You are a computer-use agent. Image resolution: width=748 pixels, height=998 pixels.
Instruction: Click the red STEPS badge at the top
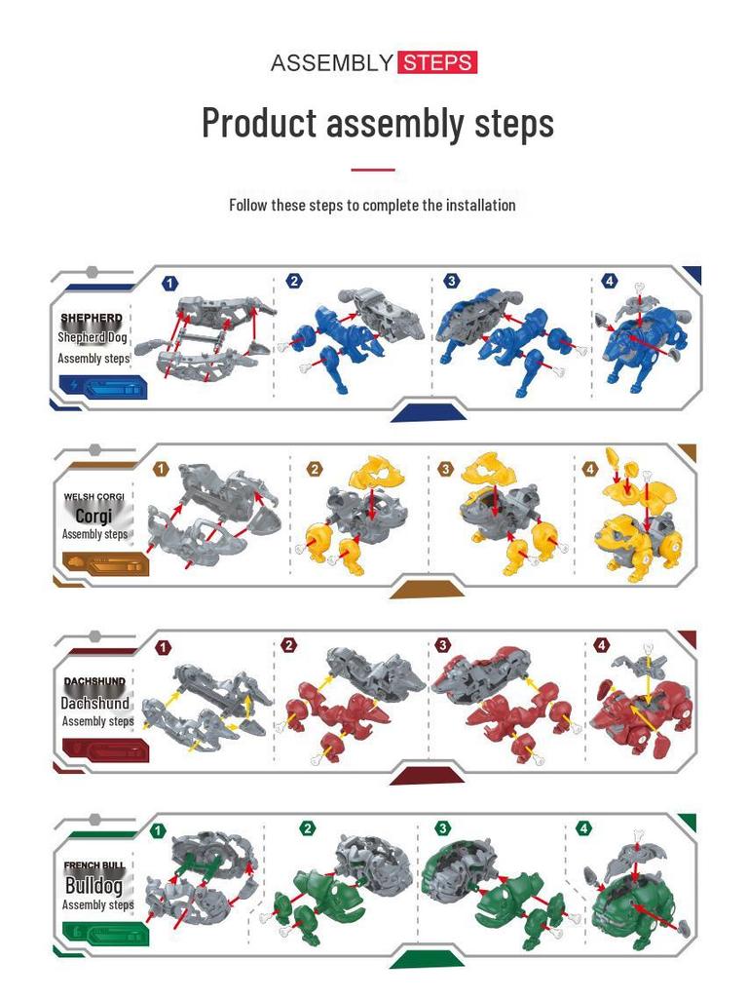click(436, 63)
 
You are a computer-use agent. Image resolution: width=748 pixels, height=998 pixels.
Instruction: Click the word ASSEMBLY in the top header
click(331, 63)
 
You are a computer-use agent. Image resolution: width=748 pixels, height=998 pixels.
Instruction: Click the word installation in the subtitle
click(481, 205)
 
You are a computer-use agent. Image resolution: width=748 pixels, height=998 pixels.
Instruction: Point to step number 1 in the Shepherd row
click(170, 284)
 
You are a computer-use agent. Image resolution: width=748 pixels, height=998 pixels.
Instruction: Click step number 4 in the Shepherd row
click(610, 282)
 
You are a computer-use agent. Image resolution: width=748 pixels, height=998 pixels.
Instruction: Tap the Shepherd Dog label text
click(93, 337)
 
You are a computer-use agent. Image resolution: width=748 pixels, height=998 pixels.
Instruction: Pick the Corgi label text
click(93, 516)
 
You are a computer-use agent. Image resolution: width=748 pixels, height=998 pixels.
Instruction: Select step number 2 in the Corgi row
click(314, 469)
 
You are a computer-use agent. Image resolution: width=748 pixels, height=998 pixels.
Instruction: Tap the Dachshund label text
click(94, 703)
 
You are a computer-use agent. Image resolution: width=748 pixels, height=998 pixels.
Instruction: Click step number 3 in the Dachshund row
click(443, 645)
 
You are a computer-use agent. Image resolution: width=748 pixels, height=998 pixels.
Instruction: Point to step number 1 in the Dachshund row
click(163, 647)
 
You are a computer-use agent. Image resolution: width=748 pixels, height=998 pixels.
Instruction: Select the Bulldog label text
click(93, 886)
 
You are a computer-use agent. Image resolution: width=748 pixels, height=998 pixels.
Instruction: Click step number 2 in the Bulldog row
click(308, 828)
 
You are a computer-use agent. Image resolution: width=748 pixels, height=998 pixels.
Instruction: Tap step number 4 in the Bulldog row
click(584, 828)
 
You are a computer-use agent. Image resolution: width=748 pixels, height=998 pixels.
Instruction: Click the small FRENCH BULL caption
click(94, 865)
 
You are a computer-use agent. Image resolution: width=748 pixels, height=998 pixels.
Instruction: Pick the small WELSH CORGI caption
click(94, 497)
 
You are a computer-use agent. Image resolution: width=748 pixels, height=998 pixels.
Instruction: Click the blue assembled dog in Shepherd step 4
click(638, 346)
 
